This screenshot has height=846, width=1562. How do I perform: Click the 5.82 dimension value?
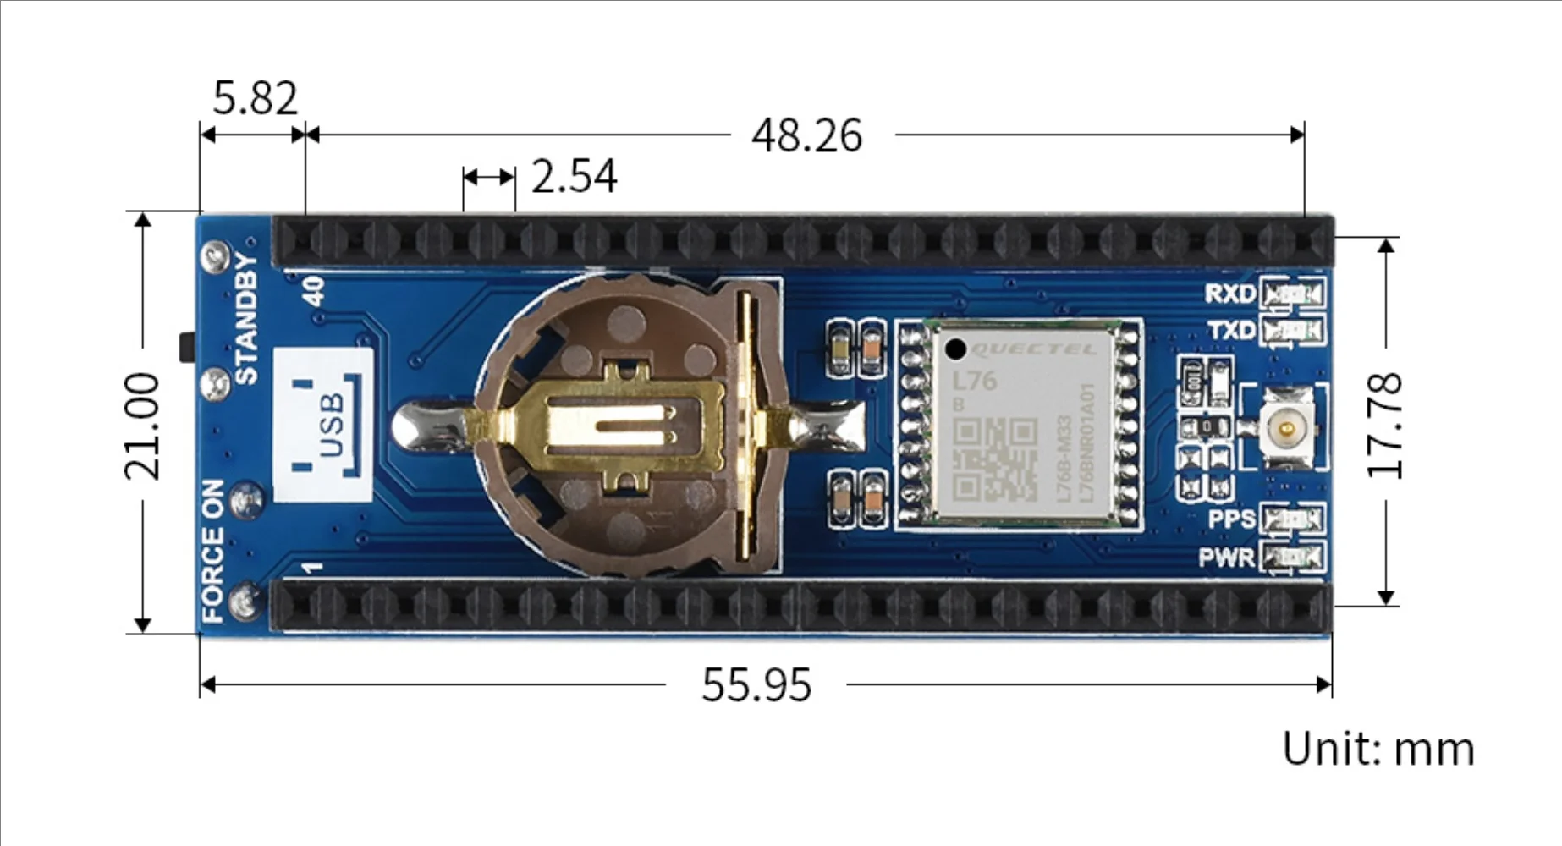click(x=255, y=98)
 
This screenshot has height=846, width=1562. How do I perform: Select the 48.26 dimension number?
click(x=806, y=135)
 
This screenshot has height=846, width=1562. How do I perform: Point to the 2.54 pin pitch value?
click(x=574, y=176)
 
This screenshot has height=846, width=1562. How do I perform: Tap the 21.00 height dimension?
click(x=141, y=426)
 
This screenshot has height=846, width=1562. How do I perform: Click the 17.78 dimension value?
click(x=1385, y=426)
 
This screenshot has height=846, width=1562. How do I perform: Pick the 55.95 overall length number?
click(x=756, y=684)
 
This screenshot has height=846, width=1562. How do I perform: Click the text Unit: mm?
click(x=1378, y=750)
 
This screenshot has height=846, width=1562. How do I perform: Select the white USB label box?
click(x=323, y=424)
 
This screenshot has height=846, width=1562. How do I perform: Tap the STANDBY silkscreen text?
click(x=245, y=318)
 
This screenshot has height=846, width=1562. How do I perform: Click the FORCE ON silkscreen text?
click(x=212, y=551)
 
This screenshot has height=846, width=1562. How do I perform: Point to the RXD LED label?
click(x=1229, y=294)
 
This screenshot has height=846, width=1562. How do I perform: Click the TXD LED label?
click(x=1231, y=330)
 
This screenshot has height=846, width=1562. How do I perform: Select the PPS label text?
click(x=1231, y=519)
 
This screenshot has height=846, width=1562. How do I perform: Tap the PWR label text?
click(x=1226, y=558)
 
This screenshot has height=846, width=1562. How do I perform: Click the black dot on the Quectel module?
click(x=955, y=349)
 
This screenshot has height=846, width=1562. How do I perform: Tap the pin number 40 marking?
click(x=313, y=291)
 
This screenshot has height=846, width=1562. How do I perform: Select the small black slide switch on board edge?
click(x=186, y=348)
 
